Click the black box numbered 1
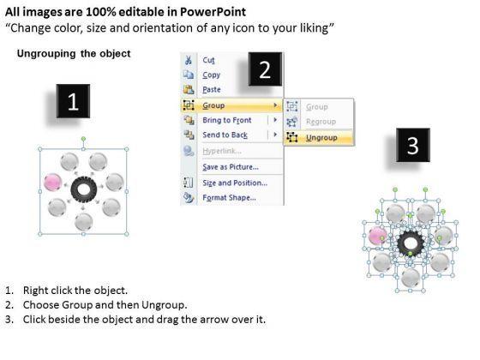(73, 101)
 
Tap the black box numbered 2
(265, 69)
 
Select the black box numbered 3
(413, 145)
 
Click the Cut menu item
(208, 60)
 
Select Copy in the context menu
(211, 75)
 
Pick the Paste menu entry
(212, 90)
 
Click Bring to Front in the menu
(227, 120)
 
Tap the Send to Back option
(225, 135)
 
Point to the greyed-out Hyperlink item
(222, 151)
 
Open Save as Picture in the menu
(231, 167)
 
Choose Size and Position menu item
(235, 183)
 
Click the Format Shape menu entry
(229, 198)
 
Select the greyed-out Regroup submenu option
(321, 122)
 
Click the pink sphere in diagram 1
(53, 182)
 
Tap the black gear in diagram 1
(84, 189)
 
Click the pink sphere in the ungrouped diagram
(377, 236)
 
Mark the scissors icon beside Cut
(189, 60)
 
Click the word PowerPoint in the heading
(213, 12)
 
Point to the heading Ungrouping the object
(74, 53)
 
